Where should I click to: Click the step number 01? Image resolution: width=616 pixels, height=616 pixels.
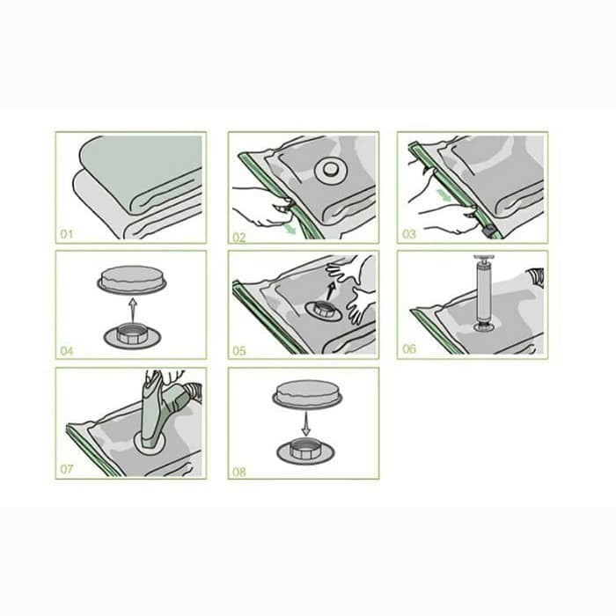coord(67,235)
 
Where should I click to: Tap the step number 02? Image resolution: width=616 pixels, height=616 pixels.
coord(239,238)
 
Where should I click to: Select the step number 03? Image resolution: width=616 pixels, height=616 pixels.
coord(409,235)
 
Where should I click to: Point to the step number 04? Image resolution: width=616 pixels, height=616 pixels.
coord(67,351)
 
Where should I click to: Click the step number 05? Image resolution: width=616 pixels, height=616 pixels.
coord(239,351)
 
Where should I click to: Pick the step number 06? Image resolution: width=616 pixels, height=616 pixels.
coord(409,348)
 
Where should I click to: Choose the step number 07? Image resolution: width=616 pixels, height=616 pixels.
coord(67,469)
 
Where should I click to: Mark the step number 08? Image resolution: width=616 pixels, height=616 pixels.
coord(239,472)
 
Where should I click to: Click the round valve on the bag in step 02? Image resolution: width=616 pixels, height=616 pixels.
coord(331,171)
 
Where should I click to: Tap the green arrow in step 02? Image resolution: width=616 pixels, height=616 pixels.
coord(290,230)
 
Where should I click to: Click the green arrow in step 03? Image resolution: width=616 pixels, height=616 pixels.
coord(444,194)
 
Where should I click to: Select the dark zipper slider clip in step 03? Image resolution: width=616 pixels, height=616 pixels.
coord(489,232)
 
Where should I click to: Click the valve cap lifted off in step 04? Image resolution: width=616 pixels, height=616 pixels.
coord(132,280)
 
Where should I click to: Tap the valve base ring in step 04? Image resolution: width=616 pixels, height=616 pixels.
coord(132,337)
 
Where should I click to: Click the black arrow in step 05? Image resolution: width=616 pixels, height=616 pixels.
coord(331,290)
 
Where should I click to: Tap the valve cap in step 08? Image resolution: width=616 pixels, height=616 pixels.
coord(307,394)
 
